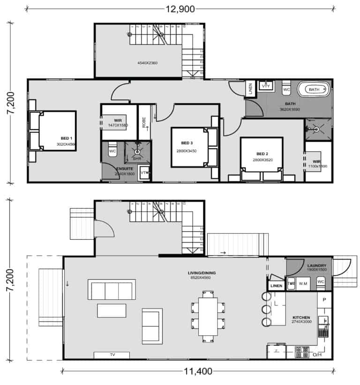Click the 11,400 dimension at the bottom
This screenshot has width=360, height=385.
197,372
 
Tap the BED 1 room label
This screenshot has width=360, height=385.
67,138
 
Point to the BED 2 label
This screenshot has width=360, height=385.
262,154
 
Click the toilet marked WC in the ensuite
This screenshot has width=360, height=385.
112,151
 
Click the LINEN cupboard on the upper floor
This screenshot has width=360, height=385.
250,89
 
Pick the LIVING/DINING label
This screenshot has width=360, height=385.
200,272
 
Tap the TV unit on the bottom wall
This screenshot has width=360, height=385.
112,355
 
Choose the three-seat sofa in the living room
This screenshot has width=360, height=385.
112,290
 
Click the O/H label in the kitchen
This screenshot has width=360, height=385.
317,355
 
